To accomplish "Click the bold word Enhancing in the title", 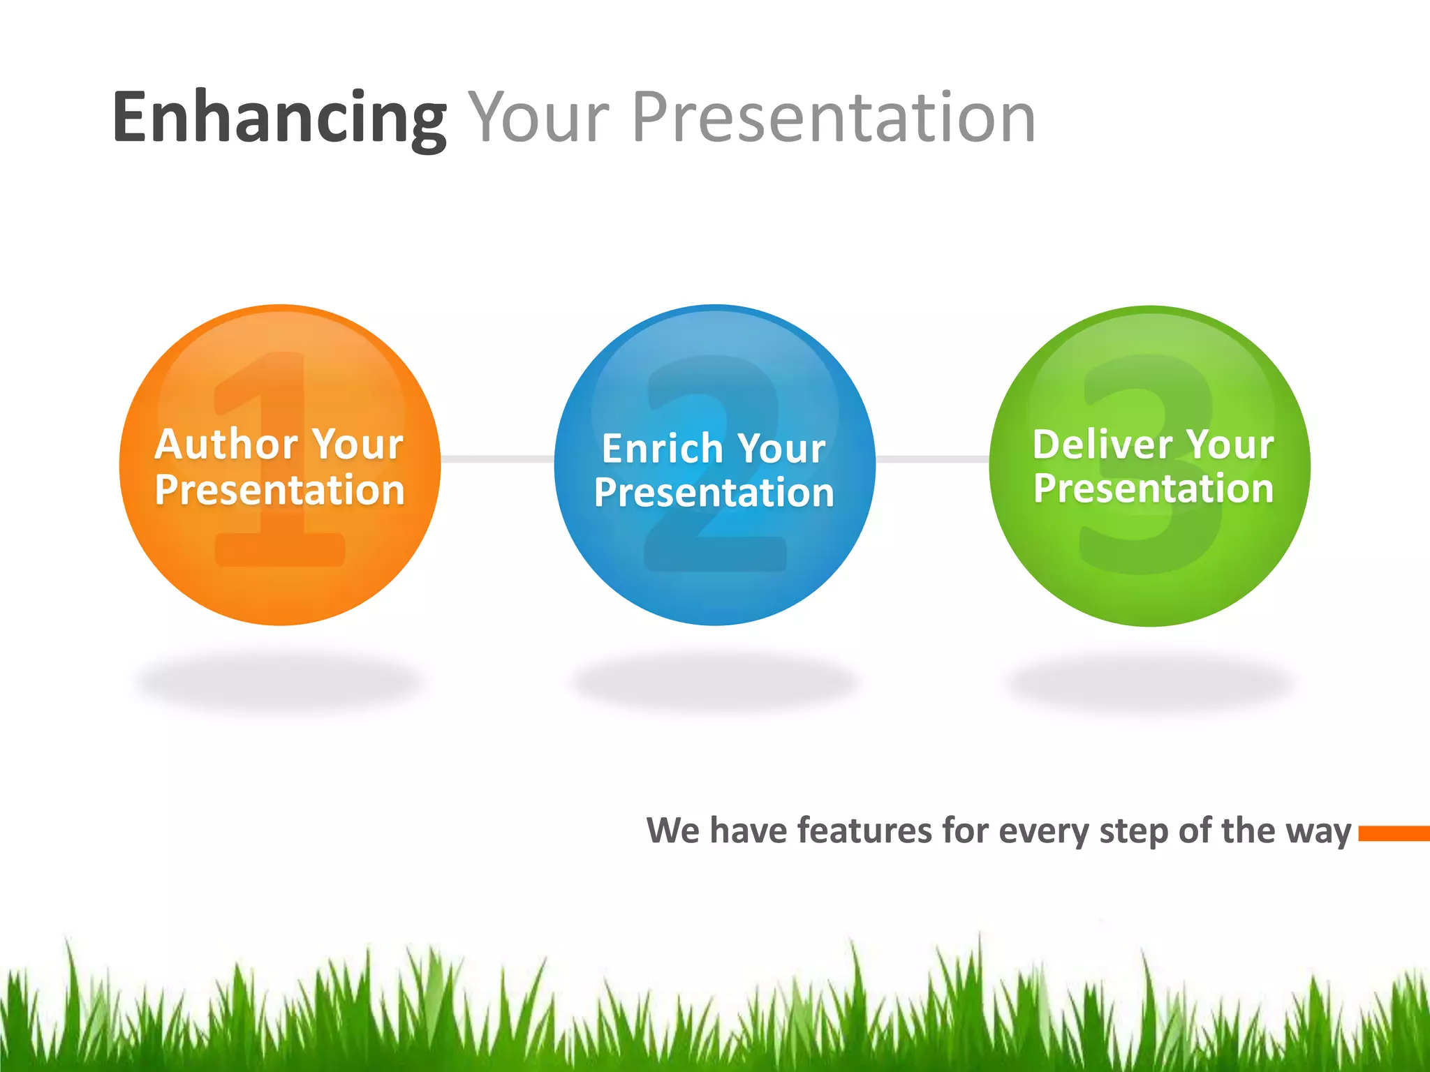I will click(x=279, y=119).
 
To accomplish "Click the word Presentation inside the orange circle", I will click(x=279, y=490).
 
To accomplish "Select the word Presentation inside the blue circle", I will click(x=714, y=493).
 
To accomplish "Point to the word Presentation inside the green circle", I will click(x=1153, y=488).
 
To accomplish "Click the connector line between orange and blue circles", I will click(x=497, y=459).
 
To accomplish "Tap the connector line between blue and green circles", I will click(x=932, y=459).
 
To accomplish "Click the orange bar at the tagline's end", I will click(x=1394, y=833).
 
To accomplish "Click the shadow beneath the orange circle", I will click(x=279, y=680).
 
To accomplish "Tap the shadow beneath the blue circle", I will click(x=714, y=680).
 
